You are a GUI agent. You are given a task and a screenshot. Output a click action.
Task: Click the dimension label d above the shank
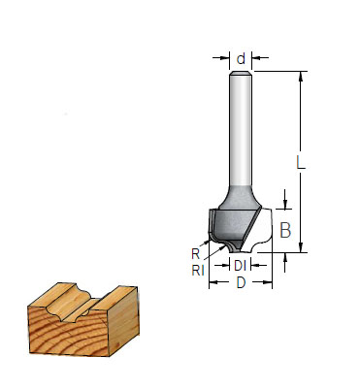(x=241, y=59)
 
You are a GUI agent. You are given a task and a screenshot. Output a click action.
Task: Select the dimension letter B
(x=285, y=230)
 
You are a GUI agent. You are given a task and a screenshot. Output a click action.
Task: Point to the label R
(x=195, y=254)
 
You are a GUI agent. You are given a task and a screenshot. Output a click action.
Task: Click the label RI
(x=198, y=271)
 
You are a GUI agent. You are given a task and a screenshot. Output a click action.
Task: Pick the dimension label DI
(x=240, y=266)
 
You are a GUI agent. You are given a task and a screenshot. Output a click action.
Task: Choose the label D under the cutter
(x=241, y=283)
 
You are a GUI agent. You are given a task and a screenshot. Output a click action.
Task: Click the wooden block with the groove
(x=83, y=319)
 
